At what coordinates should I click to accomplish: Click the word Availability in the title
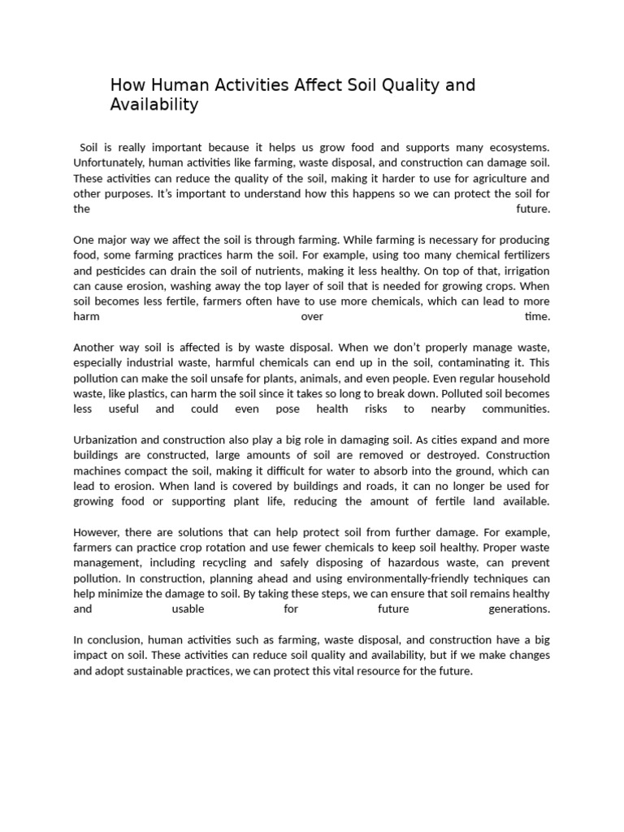[x=154, y=105]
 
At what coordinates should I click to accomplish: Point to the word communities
[x=515, y=409]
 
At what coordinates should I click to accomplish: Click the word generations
[x=519, y=609]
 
